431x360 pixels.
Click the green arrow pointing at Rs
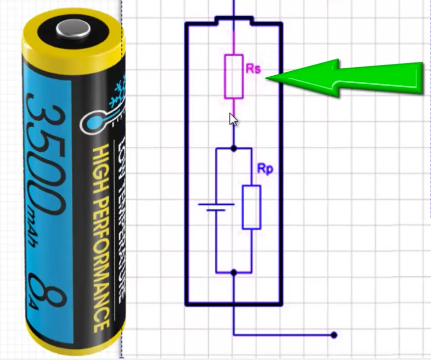(350, 77)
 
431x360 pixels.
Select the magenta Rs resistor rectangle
(234, 76)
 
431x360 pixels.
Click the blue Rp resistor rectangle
(251, 207)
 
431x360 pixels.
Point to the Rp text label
(264, 169)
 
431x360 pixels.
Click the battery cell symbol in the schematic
(216, 207)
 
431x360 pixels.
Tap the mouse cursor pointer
(233, 120)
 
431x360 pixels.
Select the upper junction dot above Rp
(234, 148)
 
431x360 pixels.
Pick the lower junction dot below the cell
(234, 273)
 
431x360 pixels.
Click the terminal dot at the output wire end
(334, 335)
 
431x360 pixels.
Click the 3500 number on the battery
(46, 152)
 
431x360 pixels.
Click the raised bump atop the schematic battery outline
(234, 20)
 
